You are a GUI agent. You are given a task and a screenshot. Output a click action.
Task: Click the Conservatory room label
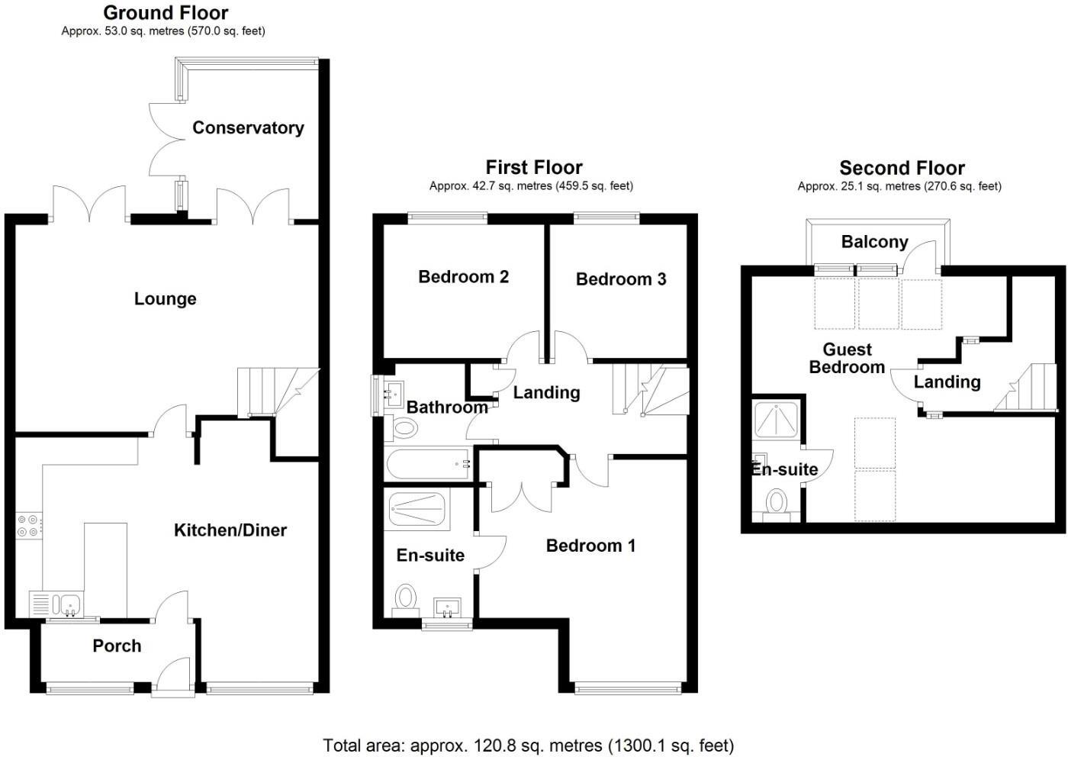coord(248,127)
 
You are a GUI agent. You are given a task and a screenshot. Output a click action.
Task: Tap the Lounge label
coord(165,298)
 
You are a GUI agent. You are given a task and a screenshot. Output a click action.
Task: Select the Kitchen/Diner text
coord(230,530)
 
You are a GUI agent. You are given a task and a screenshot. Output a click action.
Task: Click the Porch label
coord(117,646)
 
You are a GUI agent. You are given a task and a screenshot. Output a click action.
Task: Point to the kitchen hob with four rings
coord(30,527)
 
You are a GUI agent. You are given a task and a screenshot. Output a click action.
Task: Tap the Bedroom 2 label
coord(463,276)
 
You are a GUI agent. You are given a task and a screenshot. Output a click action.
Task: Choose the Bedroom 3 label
coord(621,279)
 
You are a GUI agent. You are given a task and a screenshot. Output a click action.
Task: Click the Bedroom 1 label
coord(590,545)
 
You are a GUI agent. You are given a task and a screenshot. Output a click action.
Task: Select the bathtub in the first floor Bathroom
coord(428,463)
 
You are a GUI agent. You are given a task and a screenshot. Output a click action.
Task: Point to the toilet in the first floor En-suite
coord(406,598)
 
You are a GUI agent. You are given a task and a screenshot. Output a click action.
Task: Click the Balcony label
coord(874,242)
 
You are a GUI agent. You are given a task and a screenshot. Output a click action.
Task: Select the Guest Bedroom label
coord(847,358)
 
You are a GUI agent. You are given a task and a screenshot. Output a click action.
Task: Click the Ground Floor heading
coord(166,13)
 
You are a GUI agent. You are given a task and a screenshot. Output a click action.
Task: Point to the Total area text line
coord(528,745)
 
